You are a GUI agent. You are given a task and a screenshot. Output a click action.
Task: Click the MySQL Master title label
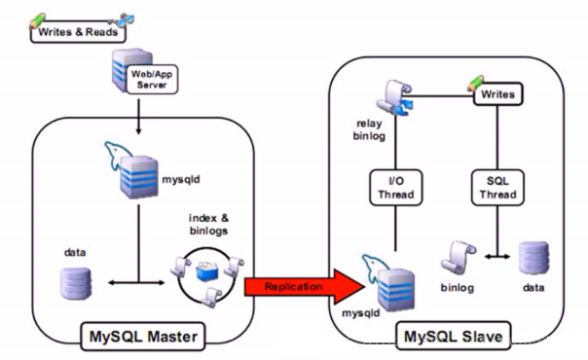[140, 337]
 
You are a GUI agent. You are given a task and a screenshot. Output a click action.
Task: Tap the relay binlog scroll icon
[393, 98]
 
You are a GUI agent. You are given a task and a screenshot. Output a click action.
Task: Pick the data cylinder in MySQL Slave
[532, 257]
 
